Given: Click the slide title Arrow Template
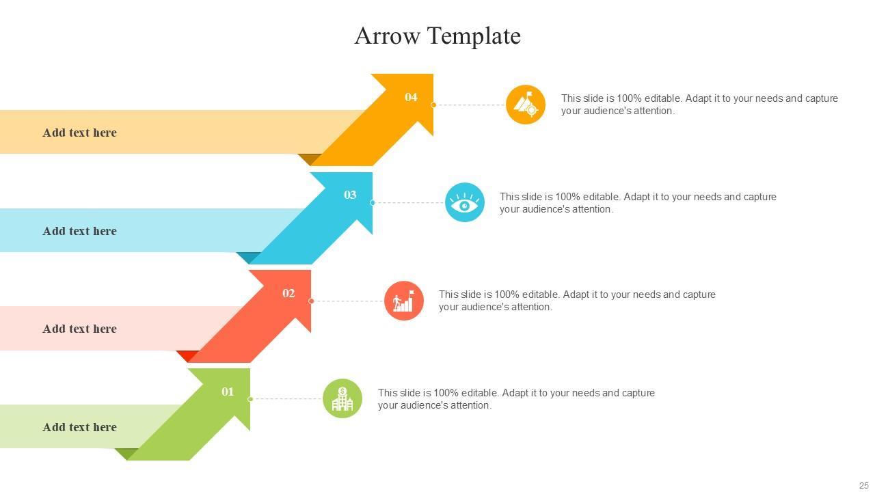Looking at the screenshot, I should click(437, 36).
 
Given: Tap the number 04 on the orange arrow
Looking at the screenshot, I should click(411, 97).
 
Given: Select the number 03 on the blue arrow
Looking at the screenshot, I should click(350, 195).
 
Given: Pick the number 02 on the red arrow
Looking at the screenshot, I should click(288, 293).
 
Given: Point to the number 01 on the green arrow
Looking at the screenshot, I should click(228, 392).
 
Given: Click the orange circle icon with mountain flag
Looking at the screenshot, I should click(526, 105).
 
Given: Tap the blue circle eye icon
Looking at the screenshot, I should click(465, 202).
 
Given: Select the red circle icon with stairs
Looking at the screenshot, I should click(404, 301).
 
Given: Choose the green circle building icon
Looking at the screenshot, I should click(342, 398).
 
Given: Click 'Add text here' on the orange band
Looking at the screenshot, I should click(79, 133).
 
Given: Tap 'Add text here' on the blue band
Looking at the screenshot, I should click(79, 231).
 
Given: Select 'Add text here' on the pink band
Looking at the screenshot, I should click(79, 329).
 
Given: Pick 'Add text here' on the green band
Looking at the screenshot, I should click(79, 427).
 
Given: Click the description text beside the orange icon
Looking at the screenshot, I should click(699, 105).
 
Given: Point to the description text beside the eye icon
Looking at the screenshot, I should click(638, 203).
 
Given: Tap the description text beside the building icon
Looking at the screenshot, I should click(516, 399).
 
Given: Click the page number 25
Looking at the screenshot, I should click(863, 486).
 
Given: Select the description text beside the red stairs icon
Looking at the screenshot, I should click(577, 301).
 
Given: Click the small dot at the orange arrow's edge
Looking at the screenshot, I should click(433, 105).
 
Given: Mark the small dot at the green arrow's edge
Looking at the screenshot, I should click(250, 399).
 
